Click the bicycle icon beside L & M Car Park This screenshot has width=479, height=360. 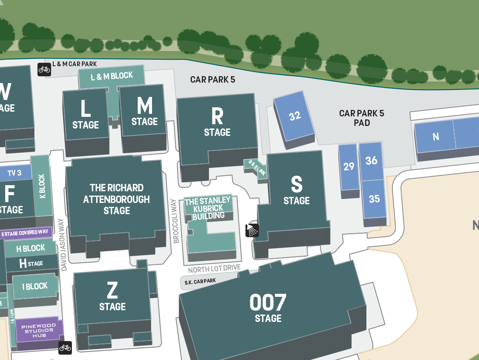pos(44,69)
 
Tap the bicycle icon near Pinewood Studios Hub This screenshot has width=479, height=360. pos(65,347)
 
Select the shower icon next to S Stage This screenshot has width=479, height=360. pos(252,230)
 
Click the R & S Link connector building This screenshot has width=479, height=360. pos(256,169)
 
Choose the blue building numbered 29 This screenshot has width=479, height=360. pos(349,167)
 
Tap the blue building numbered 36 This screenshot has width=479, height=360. pos(371,161)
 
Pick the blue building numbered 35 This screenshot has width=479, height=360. pos(374,199)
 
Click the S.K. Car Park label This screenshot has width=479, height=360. pos(200,282)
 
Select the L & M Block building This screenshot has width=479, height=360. pos(111,76)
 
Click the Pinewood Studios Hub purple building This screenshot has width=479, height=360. pos(39,331)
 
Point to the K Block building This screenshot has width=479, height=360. pos(42,186)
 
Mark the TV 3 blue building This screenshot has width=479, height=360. pos(15,173)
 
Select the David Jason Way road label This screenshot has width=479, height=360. pos(64,244)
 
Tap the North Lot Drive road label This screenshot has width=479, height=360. pos(214,269)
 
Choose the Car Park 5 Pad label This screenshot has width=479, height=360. pos(362,118)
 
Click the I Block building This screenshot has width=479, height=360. pos(35,286)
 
